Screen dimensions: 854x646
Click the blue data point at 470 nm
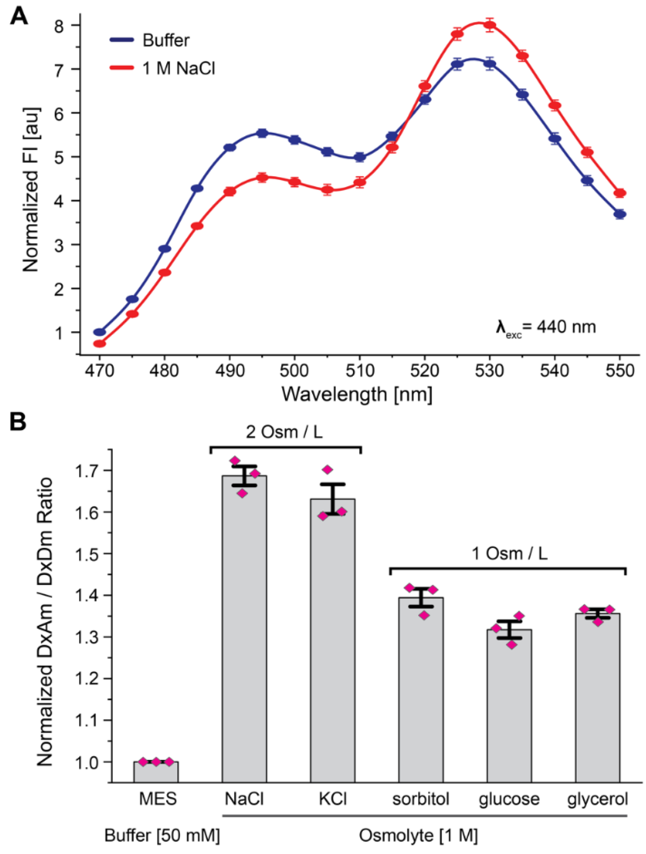[100, 332]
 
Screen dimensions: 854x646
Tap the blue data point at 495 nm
[262, 133]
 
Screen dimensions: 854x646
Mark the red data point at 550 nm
[620, 193]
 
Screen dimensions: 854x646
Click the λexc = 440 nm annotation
[546, 327]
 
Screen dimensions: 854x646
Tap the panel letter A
[18, 17]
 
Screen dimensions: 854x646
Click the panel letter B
[18, 422]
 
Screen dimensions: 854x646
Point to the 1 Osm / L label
[509, 554]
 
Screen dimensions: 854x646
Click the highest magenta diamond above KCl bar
[328, 469]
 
